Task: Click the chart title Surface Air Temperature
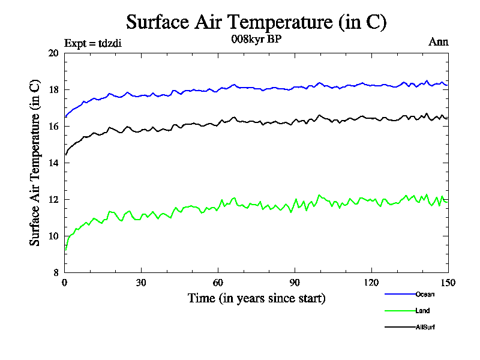(x=256, y=22)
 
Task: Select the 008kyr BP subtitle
(x=256, y=40)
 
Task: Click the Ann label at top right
(x=438, y=42)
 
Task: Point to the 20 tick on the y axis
(x=54, y=53)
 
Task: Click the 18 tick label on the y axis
(x=54, y=89)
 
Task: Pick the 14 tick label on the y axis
(x=54, y=163)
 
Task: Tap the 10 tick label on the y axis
(x=54, y=236)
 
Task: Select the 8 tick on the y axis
(x=56, y=272)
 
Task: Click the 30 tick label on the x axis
(x=141, y=283)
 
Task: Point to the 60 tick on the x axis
(x=218, y=283)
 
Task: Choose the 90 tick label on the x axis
(x=295, y=283)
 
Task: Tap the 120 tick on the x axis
(x=371, y=283)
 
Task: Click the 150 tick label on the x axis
(x=448, y=283)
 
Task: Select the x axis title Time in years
(x=256, y=298)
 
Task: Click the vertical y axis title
(x=35, y=162)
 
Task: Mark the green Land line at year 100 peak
(x=319, y=196)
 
